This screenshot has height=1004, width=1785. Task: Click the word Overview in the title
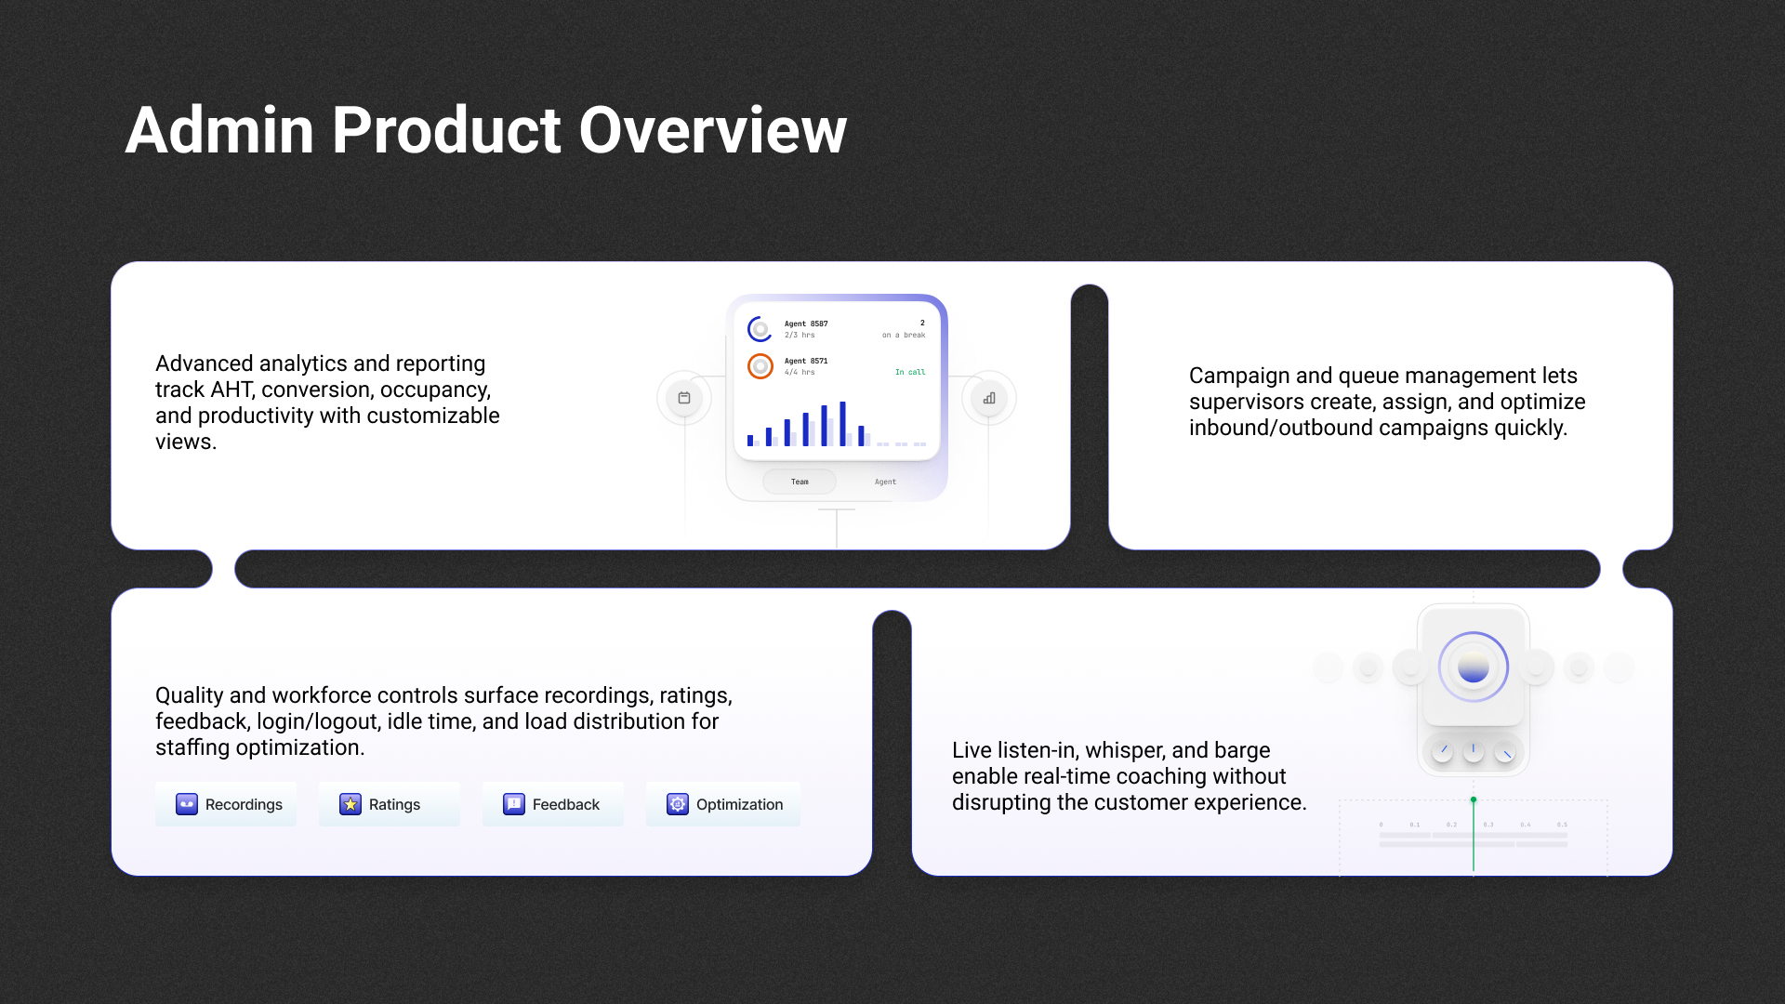[712, 130]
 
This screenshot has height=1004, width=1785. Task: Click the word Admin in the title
[219, 130]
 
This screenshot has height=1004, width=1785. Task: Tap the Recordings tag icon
[187, 804]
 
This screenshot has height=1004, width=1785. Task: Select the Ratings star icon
[350, 804]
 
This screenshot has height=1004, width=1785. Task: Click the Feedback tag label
[565, 804]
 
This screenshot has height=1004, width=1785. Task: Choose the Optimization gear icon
[678, 804]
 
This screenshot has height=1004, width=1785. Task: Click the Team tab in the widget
[800, 482]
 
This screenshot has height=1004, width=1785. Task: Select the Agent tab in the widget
[885, 482]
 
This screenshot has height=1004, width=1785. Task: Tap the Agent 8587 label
[806, 324]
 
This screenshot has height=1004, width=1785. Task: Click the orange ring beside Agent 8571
[760, 366]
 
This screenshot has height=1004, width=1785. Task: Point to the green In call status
[910, 372]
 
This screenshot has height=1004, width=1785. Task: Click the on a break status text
[904, 335]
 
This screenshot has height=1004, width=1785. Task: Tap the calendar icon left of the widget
[684, 398]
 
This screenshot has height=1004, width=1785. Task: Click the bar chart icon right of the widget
[989, 398]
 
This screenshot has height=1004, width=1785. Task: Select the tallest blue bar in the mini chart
[842, 424]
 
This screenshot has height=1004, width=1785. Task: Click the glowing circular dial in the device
[1474, 667]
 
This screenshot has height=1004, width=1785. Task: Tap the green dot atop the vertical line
[1474, 799]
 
